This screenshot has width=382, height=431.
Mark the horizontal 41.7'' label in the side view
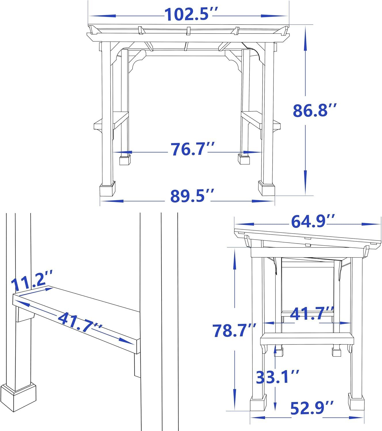tap(312, 314)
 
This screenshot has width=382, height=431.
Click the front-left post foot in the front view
tap(107, 190)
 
